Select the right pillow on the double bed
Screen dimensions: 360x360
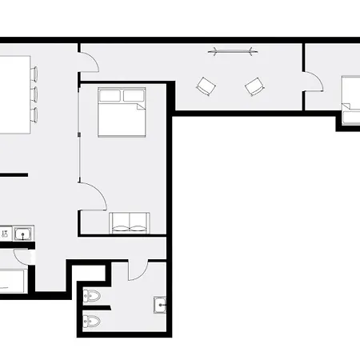click(x=133, y=96)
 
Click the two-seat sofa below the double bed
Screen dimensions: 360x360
click(x=127, y=222)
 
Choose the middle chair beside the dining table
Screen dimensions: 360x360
click(x=34, y=94)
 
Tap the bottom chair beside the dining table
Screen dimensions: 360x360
click(x=34, y=114)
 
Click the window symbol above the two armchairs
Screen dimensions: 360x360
click(x=234, y=52)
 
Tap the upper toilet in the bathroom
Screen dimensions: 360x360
click(x=93, y=296)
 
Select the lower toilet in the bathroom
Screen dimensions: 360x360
click(x=93, y=322)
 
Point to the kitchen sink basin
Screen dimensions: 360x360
click(x=22, y=234)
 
